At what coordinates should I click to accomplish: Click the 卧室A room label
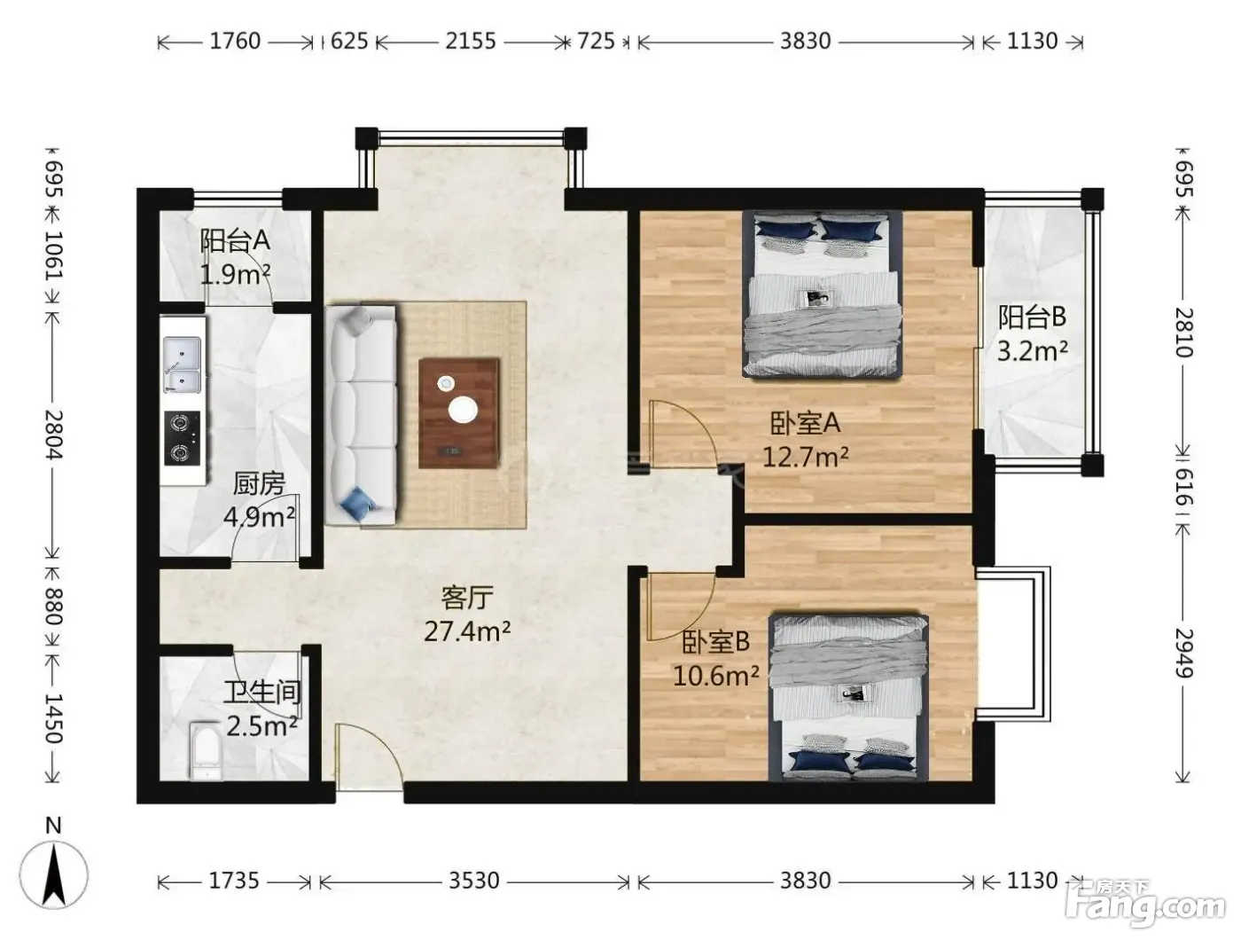[x=805, y=423]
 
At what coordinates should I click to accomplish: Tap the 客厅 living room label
[x=467, y=598]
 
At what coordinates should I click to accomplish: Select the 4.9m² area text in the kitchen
[x=259, y=516]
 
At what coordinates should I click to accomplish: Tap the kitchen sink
[x=182, y=364]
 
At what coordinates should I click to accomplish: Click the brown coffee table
[x=458, y=413]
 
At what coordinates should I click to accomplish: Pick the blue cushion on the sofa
[x=356, y=502]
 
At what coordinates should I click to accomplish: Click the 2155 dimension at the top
[x=471, y=42]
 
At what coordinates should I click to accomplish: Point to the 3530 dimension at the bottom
[x=473, y=881]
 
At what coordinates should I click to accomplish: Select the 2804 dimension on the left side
[x=53, y=435]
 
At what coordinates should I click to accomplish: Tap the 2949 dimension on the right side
[x=1183, y=654]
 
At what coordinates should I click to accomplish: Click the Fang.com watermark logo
[x=1144, y=906]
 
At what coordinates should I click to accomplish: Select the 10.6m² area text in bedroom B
[x=715, y=676]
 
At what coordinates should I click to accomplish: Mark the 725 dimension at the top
[x=596, y=42]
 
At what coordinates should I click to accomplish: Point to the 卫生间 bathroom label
[x=261, y=692]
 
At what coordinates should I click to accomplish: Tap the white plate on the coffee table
[x=463, y=410]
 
